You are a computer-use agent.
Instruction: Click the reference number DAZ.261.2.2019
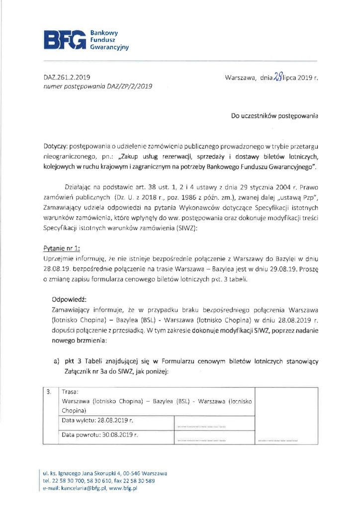[67, 78]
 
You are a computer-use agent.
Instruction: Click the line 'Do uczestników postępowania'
[274, 116]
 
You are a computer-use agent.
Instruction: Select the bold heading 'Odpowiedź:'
[69, 299]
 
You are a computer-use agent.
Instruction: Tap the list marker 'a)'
[56, 360]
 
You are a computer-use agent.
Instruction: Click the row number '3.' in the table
[49, 391]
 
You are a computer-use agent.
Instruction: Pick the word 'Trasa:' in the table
[71, 392]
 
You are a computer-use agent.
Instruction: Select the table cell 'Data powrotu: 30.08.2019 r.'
[99, 435]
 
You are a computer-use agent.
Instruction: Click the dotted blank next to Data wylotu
[201, 426]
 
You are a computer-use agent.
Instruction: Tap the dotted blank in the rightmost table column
[278, 440]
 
